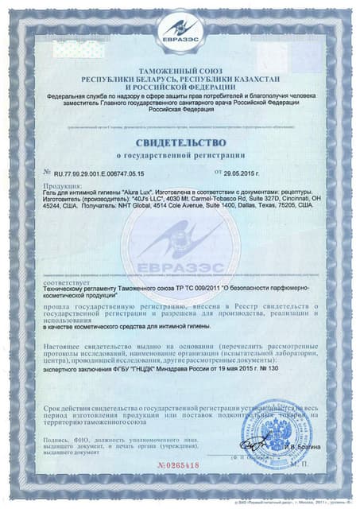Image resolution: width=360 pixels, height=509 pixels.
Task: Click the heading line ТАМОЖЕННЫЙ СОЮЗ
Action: click(180, 72)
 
